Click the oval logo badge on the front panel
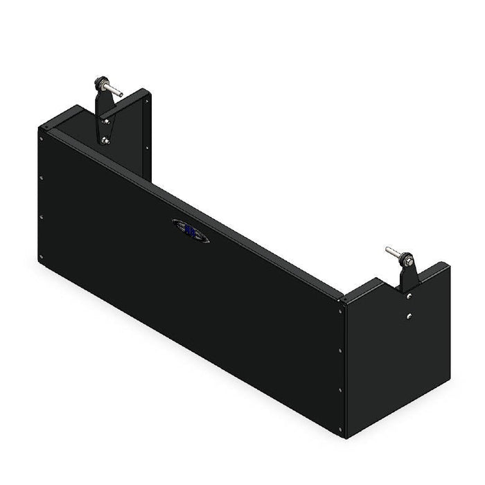tap(191, 231)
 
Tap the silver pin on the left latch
tap(115, 91)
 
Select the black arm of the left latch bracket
tap(104, 111)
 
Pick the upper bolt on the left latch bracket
tap(105, 121)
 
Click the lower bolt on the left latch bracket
tap(105, 141)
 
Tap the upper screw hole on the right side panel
tap(409, 296)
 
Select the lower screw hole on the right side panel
tap(409, 317)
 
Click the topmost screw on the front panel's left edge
tap(42, 138)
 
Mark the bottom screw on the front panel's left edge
tap(42, 257)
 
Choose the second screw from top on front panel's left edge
tap(42, 177)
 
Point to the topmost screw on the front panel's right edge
tap(340, 311)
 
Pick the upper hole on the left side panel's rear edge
tap(146, 101)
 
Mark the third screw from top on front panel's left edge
tap(42, 217)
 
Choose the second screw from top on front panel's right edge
tap(340, 351)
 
